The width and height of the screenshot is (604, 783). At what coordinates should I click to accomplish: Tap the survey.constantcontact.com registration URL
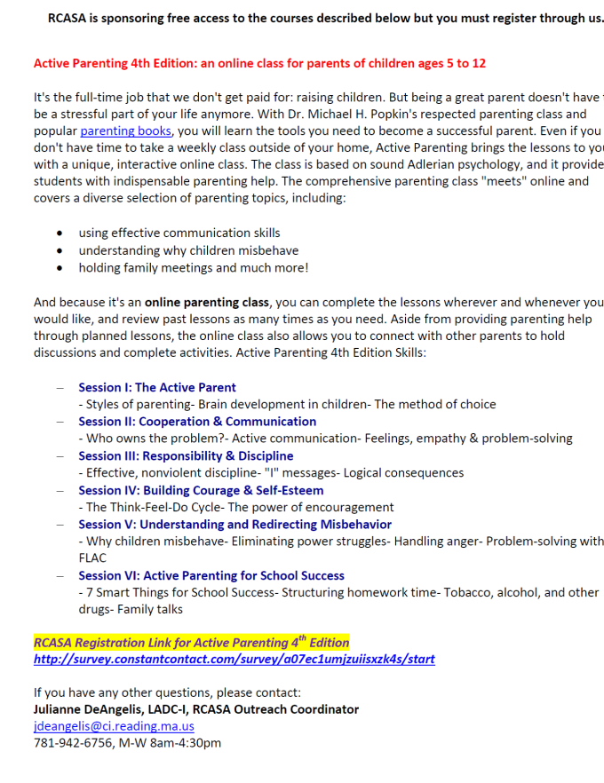coord(234,659)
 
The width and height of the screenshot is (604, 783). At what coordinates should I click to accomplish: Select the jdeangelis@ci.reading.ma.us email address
coord(114,725)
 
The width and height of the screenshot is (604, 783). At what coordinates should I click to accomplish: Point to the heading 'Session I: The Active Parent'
coord(157,387)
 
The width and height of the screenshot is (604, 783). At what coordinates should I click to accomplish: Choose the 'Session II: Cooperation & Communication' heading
coord(197,422)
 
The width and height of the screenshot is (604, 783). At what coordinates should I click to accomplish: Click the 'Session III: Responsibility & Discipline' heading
coord(186,455)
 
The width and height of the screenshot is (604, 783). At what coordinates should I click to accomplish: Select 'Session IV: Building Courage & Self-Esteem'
coord(201,490)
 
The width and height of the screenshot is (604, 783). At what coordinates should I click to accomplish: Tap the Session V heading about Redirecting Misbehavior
coord(234,524)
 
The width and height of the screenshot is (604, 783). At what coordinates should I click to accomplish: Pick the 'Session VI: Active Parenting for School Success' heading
coord(211,575)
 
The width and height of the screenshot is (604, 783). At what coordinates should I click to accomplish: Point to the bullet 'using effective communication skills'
coord(179,233)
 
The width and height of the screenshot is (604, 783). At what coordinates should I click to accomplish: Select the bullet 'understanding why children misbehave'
coord(188,250)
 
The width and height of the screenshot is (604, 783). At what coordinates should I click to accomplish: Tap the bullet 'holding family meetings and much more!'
coord(194,267)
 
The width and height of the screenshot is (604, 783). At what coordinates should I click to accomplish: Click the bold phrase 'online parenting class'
coord(207,302)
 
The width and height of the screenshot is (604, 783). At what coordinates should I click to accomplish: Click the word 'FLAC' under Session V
coord(92,558)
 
